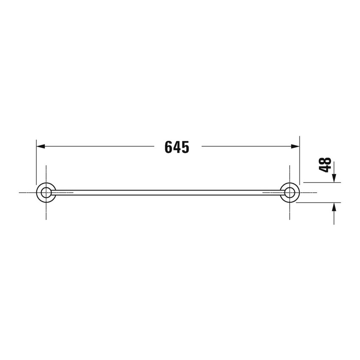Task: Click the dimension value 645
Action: pyautogui.click(x=177, y=147)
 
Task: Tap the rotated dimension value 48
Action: pyautogui.click(x=325, y=165)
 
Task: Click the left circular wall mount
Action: pyautogui.click(x=46, y=192)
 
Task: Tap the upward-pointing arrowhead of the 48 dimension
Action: pyautogui.click(x=335, y=207)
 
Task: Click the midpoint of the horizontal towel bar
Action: pyautogui.click(x=168, y=192)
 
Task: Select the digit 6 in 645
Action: pyautogui.click(x=168, y=147)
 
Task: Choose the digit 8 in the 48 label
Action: pyautogui.click(x=325, y=161)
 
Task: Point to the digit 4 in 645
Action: pyautogui.click(x=177, y=147)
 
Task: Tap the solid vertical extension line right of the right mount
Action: pyautogui.click(x=299, y=161)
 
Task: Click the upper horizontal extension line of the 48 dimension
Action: pyautogui.click(x=322, y=183)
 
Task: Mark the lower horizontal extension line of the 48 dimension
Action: pyautogui.click(x=318, y=202)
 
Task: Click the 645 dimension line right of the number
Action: pyautogui.click(x=246, y=146)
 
